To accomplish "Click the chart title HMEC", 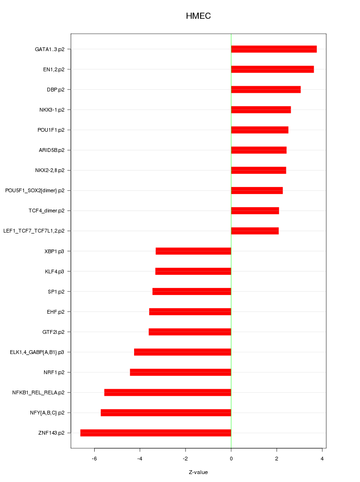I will (198, 16).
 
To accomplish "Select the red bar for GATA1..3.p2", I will (274, 49).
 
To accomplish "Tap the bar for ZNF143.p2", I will (156, 433).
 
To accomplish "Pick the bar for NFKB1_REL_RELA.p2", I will (168, 392).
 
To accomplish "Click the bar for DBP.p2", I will (266, 90).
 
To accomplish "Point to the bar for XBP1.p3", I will (193, 251).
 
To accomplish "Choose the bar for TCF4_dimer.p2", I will (255, 211).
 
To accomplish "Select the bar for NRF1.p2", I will (180, 372).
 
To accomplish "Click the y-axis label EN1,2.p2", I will (53, 69).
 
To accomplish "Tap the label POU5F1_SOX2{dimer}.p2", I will (35, 190).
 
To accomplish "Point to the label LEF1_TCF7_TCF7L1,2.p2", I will (34, 231).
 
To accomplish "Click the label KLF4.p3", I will (54, 271).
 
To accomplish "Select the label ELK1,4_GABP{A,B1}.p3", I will (37, 352).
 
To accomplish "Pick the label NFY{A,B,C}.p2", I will (47, 413).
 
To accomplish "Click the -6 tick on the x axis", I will (94, 458).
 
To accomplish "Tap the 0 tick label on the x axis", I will (231, 458).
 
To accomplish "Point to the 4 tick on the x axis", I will (322, 458).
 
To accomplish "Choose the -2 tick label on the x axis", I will (185, 458).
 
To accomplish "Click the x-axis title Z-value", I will (198, 472).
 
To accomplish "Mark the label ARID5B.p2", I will (52, 150).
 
